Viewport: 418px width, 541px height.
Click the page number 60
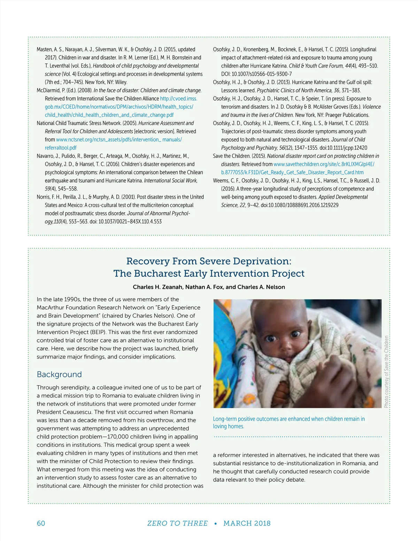[41, 523]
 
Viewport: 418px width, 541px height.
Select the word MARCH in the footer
[235, 523]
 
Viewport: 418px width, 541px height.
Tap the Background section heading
[59, 374]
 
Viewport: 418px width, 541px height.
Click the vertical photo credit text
[386, 372]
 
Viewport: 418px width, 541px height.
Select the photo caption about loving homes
[289, 423]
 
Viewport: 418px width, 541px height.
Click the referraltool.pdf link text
[61, 148]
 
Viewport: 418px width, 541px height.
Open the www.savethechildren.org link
[324, 164]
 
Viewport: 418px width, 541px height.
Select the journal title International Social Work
[171, 180]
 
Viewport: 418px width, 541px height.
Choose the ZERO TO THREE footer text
[177, 523]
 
